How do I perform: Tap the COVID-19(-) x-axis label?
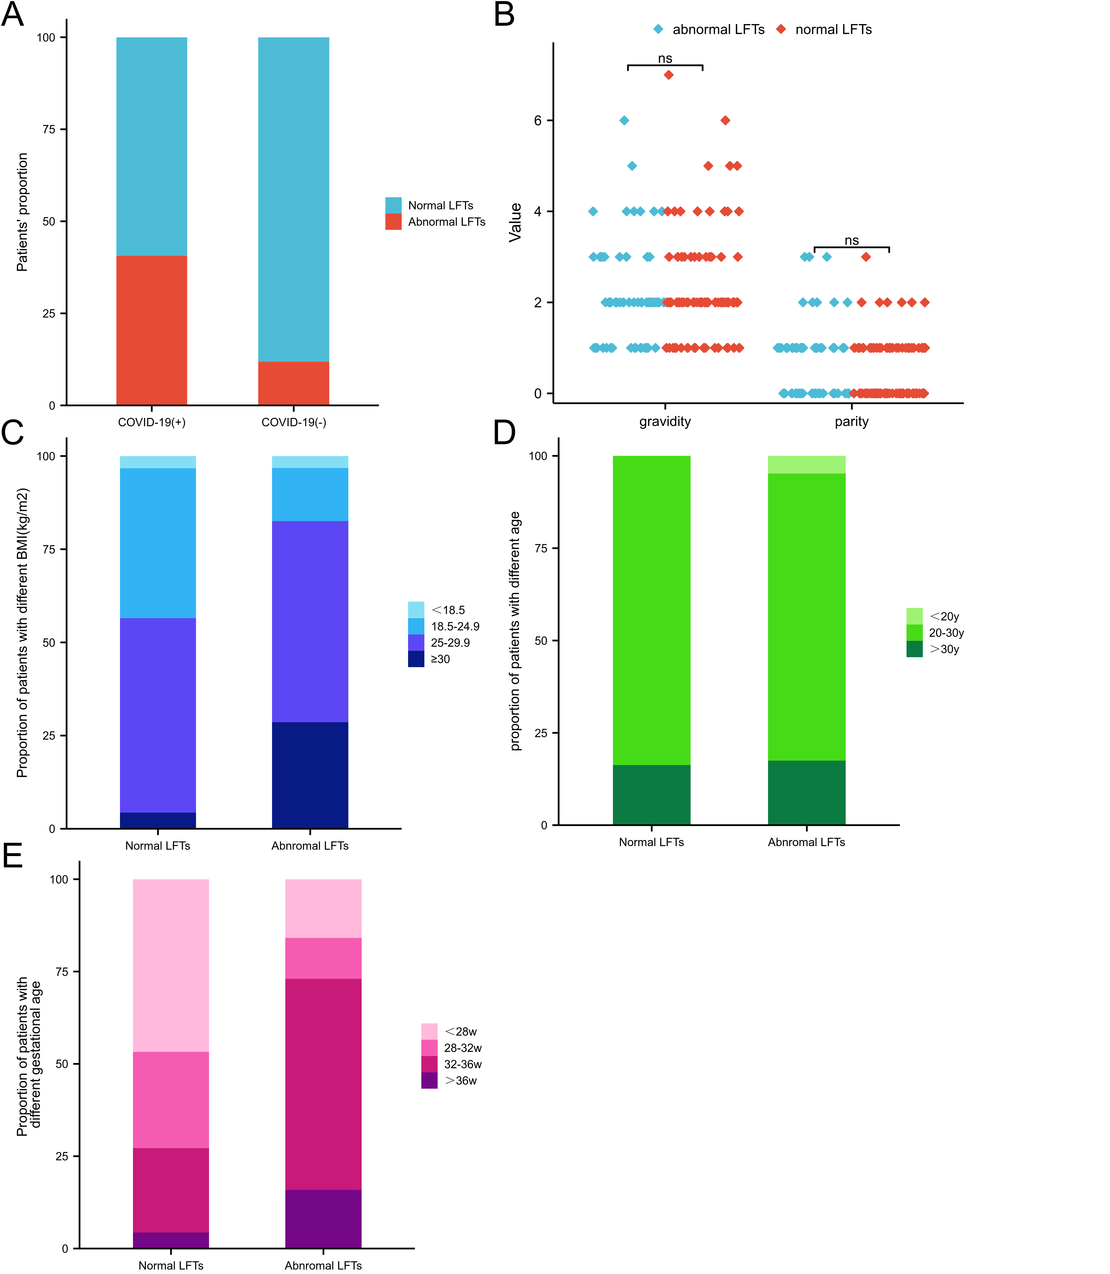[294, 423]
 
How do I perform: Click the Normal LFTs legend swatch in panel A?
[393, 205]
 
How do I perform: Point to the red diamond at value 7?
[668, 75]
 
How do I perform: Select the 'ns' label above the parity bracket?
[852, 240]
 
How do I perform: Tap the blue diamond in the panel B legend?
[658, 29]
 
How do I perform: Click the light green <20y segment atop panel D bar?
[806, 465]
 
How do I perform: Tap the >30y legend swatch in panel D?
[914, 649]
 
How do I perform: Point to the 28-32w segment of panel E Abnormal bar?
[323, 959]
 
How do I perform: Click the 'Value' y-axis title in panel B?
[515, 222]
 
